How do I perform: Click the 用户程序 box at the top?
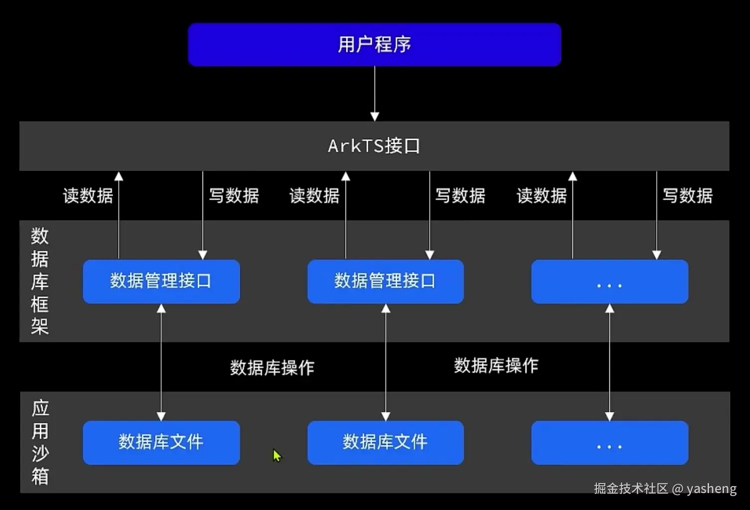click(374, 44)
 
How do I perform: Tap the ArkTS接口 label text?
click(374, 146)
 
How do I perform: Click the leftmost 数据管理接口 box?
click(161, 281)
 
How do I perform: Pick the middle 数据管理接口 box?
click(385, 281)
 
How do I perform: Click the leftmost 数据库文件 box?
click(161, 442)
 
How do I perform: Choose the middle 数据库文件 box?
click(385, 442)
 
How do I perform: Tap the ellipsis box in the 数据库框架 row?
click(609, 281)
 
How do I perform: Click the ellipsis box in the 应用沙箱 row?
click(609, 443)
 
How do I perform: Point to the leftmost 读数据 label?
click(88, 196)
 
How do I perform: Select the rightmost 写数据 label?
click(687, 196)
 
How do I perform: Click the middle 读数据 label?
click(314, 196)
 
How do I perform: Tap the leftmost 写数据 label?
click(234, 196)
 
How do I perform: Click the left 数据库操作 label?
click(272, 368)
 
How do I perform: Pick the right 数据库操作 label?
click(496, 366)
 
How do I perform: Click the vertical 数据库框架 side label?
click(40, 281)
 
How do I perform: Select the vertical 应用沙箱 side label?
click(40, 442)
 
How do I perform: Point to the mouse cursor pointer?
click(277, 455)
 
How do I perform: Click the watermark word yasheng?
click(712, 489)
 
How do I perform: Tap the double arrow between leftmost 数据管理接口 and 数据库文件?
click(161, 362)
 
